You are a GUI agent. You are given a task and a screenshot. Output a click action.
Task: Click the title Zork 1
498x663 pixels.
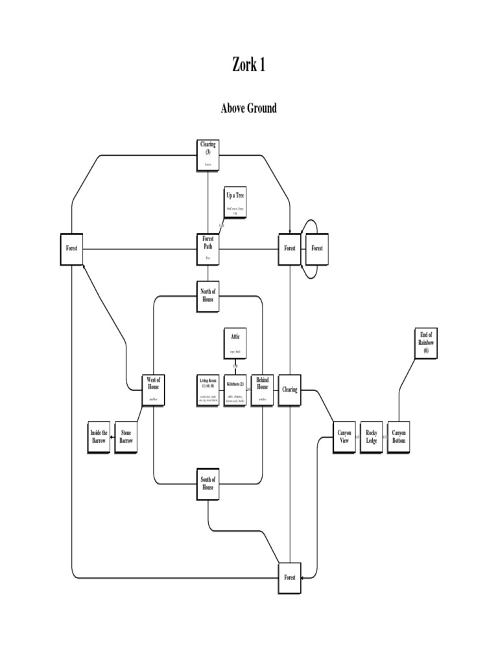(249, 65)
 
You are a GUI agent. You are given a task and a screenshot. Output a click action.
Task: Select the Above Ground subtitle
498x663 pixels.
(249, 108)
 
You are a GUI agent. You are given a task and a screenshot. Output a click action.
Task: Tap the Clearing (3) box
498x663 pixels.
(207, 155)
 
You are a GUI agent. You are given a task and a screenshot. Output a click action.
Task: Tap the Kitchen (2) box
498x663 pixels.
(235, 390)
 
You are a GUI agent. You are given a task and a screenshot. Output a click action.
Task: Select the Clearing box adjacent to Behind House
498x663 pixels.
(289, 390)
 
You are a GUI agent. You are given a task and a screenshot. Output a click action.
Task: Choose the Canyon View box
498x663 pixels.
(344, 437)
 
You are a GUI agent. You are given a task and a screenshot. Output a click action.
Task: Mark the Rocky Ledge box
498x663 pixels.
(371, 437)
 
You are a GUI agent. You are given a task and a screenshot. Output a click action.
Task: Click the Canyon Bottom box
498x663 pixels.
(398, 437)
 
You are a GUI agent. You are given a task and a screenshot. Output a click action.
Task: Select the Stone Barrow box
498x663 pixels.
(126, 437)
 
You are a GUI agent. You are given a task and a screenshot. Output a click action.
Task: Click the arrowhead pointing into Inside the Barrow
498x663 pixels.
(113, 438)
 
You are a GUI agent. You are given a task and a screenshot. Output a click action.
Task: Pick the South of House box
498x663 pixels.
(207, 484)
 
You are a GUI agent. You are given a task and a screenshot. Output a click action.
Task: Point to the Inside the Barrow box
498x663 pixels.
(99, 437)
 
